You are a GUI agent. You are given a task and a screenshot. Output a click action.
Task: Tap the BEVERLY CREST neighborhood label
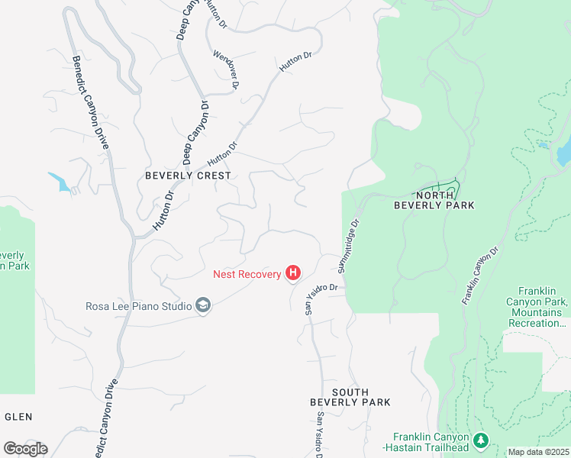188,175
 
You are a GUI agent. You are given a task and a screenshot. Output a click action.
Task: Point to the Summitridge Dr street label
348,247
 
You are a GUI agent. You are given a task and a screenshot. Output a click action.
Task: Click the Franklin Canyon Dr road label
479,276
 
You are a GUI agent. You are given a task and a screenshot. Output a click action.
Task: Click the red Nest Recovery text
247,273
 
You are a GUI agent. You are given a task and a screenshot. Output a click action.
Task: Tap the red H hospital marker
292,273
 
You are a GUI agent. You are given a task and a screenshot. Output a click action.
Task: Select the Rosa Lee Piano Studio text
138,307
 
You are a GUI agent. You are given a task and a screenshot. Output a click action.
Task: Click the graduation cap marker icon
203,306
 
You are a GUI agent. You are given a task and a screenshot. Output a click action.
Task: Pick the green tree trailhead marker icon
480,440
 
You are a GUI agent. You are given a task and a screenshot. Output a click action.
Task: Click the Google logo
25,449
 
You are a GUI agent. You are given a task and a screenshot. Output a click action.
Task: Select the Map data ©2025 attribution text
537,452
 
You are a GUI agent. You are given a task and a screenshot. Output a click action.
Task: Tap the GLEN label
18,417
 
